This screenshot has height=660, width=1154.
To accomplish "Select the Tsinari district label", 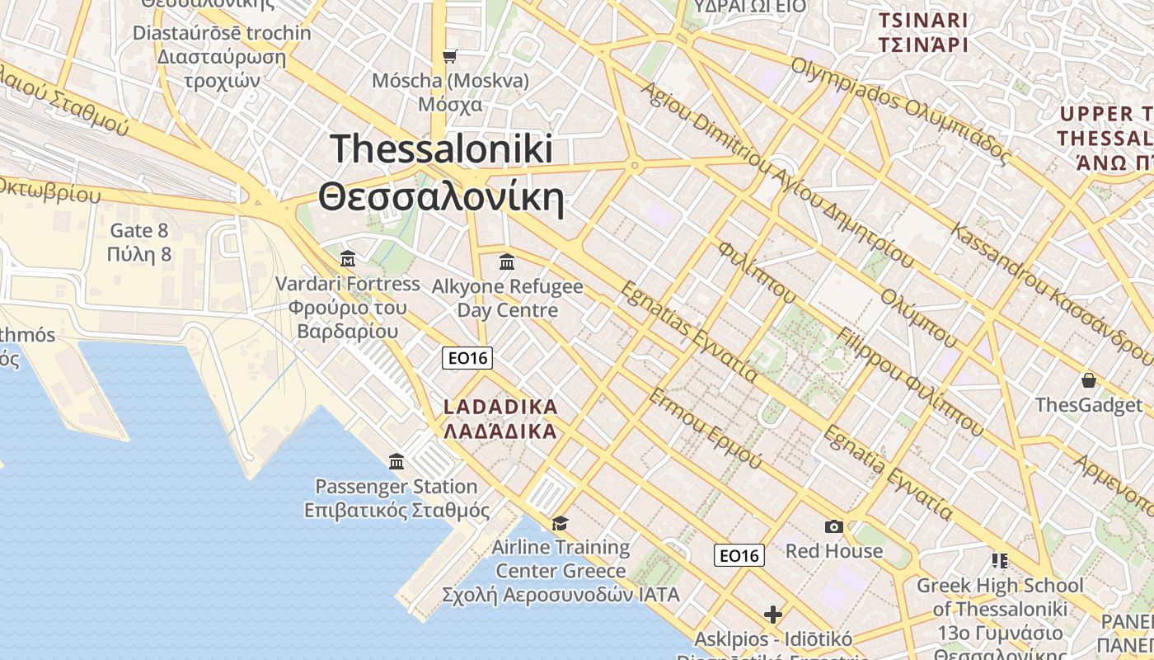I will [922, 32].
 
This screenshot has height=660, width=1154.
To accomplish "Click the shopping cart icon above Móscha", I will [449, 56].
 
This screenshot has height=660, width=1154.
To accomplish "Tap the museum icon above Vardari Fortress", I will [348, 259].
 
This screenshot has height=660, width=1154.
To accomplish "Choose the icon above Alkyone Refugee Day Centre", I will [507, 262].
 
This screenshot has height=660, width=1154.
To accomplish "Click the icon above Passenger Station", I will [396, 461].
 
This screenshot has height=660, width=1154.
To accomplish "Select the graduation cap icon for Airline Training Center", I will [561, 523].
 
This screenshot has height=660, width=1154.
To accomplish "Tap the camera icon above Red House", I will [833, 526].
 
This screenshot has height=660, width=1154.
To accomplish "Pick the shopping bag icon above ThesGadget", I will [1089, 380].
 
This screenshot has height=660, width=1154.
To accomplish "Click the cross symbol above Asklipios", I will [772, 615].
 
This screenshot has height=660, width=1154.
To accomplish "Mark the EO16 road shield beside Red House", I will [739, 555].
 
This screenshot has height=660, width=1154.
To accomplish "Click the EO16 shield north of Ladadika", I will [467, 357].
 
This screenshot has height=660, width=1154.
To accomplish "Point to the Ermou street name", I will [705, 428].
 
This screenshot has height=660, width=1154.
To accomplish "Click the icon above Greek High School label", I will [1000, 561].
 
